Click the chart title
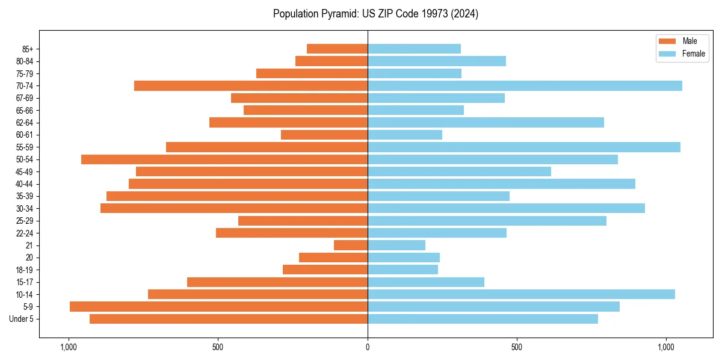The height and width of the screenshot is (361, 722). click(x=375, y=14)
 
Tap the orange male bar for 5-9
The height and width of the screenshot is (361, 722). click(x=218, y=307)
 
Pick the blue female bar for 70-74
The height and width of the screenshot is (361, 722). click(x=525, y=85)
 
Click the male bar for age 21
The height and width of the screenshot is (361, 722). click(x=351, y=245)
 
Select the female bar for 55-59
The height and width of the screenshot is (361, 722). click(x=523, y=147)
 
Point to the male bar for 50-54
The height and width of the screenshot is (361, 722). click(x=224, y=159)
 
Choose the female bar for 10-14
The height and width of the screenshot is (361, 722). click(x=521, y=294)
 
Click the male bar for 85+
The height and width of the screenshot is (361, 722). click(x=337, y=49)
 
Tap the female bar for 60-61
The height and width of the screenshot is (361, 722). click(x=405, y=135)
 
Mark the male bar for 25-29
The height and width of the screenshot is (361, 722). click(x=303, y=221)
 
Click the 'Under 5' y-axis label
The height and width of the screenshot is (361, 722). click(x=21, y=319)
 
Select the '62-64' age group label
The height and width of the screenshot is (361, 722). click(x=25, y=123)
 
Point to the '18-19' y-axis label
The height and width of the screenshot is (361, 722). click(x=25, y=270)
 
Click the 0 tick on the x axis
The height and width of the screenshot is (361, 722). click(x=368, y=347)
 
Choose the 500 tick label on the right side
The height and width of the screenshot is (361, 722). click(x=516, y=347)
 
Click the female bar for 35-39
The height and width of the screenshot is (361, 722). click(x=439, y=196)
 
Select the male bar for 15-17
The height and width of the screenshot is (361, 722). click(x=277, y=282)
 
